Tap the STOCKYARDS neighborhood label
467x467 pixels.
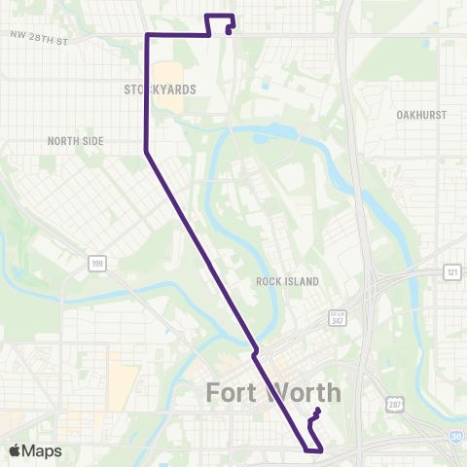(161, 89)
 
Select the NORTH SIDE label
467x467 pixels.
(75, 140)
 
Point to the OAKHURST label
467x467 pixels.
(421, 114)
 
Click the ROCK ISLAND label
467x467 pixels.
(281, 280)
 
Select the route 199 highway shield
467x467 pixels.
(95, 263)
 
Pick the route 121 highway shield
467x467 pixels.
(451, 271)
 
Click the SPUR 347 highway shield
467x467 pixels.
(338, 318)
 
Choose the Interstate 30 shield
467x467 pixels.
(456, 438)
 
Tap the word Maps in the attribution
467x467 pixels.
(44, 450)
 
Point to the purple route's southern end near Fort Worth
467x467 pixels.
(318, 413)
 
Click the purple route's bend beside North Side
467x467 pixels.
(146, 152)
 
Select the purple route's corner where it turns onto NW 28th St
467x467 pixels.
(147, 35)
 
